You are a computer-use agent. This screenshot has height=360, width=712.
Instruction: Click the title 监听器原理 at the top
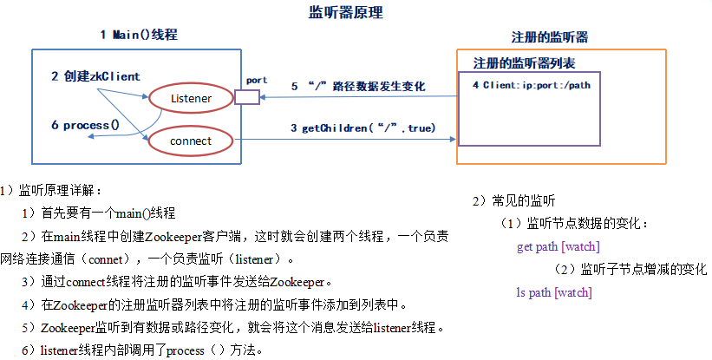click(346, 13)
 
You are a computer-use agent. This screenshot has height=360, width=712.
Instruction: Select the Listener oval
click(191, 98)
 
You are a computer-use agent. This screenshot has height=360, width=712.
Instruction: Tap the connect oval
click(191, 140)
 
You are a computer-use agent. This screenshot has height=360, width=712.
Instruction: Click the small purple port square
click(247, 96)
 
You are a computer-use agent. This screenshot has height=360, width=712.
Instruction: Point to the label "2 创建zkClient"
click(95, 76)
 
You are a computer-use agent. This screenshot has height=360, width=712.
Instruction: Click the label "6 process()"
click(85, 125)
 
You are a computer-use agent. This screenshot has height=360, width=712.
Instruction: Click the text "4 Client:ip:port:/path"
click(532, 86)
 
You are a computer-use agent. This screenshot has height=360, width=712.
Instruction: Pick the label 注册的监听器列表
click(524, 64)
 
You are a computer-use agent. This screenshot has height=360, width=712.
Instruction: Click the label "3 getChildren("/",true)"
click(363, 128)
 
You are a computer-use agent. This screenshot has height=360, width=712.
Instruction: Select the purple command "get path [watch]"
click(558, 246)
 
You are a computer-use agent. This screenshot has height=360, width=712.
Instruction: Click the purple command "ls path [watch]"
click(553, 292)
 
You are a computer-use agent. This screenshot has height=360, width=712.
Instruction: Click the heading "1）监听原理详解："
click(52, 190)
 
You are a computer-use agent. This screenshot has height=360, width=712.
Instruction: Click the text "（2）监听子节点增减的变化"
click(631, 269)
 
